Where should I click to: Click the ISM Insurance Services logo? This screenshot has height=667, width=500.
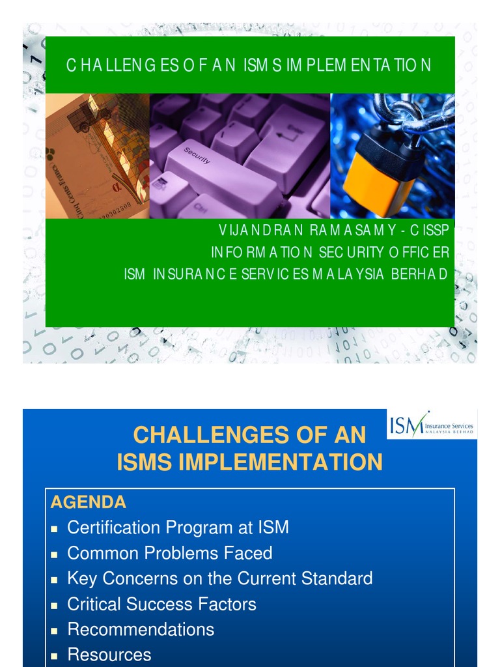pos(432,425)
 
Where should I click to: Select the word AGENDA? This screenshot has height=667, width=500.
pos(89,502)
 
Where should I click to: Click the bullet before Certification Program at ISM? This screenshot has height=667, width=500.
pos(56,528)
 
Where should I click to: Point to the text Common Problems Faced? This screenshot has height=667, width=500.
pos(169,553)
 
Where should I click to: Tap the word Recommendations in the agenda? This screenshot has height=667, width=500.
pos(141,629)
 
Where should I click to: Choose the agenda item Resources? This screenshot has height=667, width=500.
pos(109,655)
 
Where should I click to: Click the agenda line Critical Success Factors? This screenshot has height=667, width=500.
pos(161,604)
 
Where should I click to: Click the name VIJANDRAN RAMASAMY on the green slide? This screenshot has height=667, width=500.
pos(299,231)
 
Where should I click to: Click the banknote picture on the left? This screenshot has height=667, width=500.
pos(97,156)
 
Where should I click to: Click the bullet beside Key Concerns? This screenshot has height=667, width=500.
pos(56,579)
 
